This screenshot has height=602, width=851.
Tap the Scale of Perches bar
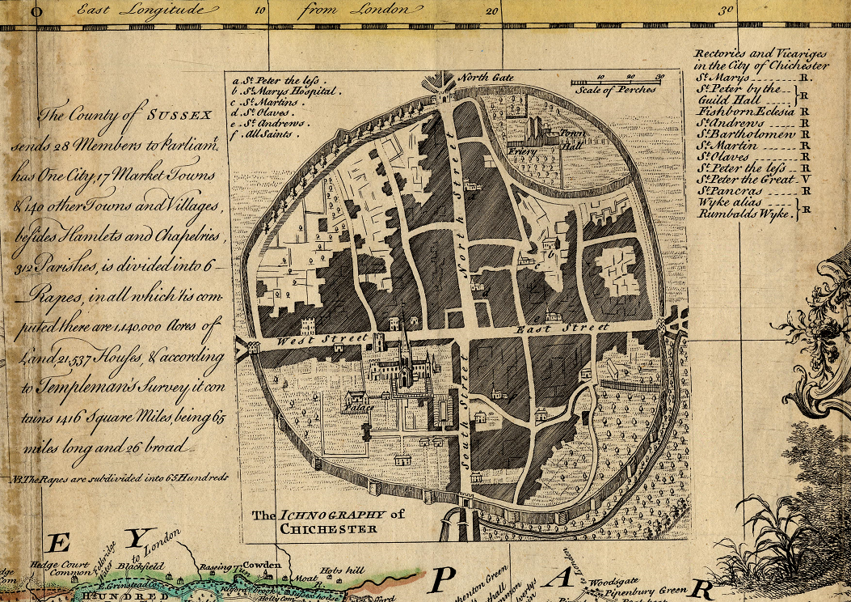[617, 83]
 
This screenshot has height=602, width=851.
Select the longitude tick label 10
[260, 11]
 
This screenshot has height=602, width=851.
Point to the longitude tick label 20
[492, 11]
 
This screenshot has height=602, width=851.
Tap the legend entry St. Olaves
[261, 113]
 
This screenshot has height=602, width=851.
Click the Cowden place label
[262, 565]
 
